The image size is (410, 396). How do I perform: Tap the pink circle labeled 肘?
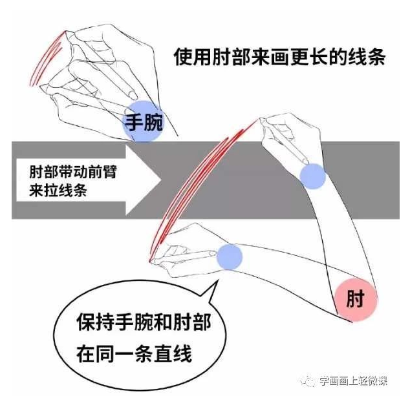[355, 300]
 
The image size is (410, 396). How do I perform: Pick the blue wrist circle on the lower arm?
[229, 256]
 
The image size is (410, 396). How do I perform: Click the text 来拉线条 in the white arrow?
[54, 191]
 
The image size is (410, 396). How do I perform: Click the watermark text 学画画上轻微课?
[356, 381]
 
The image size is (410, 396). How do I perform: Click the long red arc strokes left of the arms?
[188, 187]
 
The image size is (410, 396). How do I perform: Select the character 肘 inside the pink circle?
[355, 300]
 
